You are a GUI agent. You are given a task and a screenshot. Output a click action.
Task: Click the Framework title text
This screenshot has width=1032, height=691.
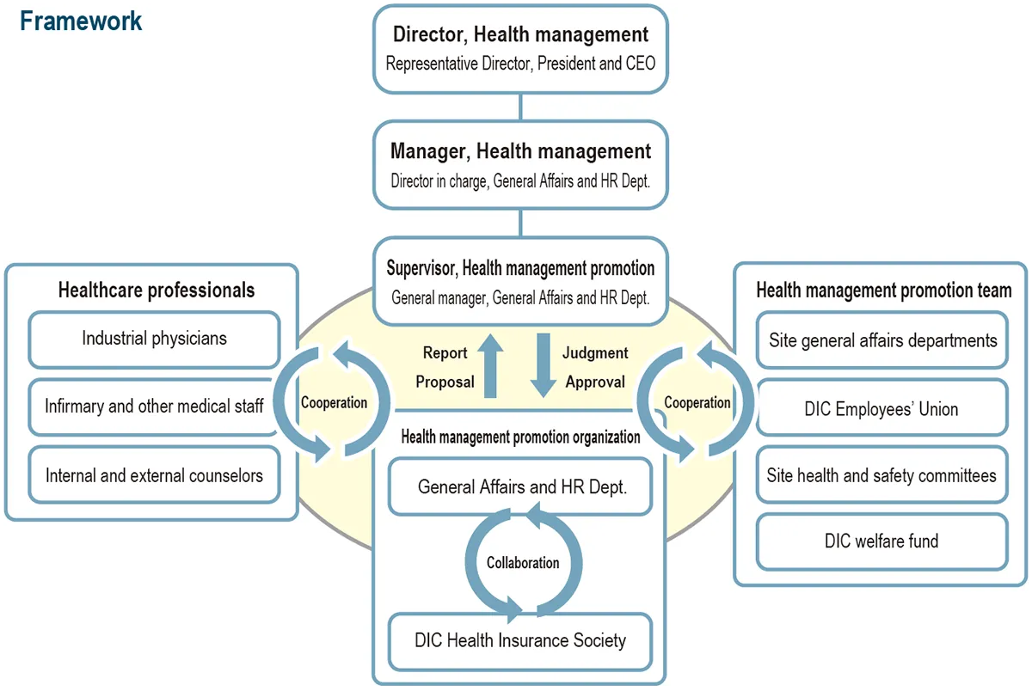pyautogui.click(x=81, y=21)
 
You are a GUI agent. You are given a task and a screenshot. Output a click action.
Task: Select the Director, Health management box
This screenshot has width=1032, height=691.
pyautogui.click(x=520, y=49)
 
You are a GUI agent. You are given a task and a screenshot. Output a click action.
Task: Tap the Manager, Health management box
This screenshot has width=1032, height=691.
pyautogui.click(x=520, y=165)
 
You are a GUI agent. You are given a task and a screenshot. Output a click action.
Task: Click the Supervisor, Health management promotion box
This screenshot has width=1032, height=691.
pyautogui.click(x=520, y=282)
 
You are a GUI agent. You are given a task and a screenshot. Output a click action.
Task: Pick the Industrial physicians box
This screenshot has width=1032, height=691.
pyautogui.click(x=155, y=339)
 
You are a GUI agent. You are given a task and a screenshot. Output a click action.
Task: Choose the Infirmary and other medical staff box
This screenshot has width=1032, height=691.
pyautogui.click(x=155, y=405)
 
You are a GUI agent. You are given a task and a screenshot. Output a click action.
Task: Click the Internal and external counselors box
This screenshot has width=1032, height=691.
pyautogui.click(x=155, y=474)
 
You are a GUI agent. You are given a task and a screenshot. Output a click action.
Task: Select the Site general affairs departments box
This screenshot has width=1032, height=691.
pyautogui.click(x=882, y=340)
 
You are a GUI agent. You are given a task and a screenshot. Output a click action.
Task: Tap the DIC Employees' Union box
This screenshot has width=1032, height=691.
pyautogui.click(x=882, y=409)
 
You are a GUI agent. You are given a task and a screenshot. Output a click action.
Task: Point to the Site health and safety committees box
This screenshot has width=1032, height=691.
pyautogui.click(x=882, y=475)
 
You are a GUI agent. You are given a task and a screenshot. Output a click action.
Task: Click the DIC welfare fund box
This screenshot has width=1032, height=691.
pyautogui.click(x=882, y=541)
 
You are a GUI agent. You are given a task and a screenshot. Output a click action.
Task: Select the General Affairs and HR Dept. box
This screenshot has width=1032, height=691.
pyautogui.click(x=521, y=486)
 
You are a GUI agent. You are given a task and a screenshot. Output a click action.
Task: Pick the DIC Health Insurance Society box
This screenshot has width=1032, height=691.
pyautogui.click(x=520, y=640)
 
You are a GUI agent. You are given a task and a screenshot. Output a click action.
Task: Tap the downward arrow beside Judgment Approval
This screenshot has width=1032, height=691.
pyautogui.click(x=544, y=365)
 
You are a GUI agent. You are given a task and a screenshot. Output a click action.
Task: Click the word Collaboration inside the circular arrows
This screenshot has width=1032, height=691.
pyautogui.click(x=523, y=563)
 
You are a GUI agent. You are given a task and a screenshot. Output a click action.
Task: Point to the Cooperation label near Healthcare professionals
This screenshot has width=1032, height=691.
pyautogui.click(x=334, y=402)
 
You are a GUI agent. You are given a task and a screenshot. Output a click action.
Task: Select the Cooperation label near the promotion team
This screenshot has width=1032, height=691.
pyautogui.click(x=697, y=402)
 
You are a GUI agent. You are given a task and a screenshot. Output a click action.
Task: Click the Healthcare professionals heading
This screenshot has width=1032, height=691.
pyautogui.click(x=157, y=290)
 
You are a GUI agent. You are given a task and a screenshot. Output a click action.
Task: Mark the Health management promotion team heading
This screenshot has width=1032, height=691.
pyautogui.click(x=883, y=290)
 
